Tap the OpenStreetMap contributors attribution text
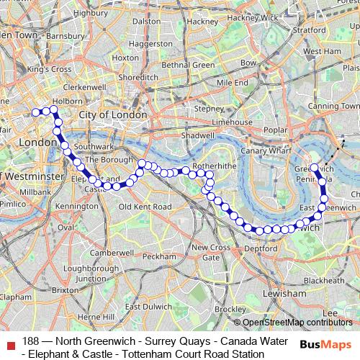click(297, 323)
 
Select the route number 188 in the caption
click(30, 340)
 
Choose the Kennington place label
click(76, 207)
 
